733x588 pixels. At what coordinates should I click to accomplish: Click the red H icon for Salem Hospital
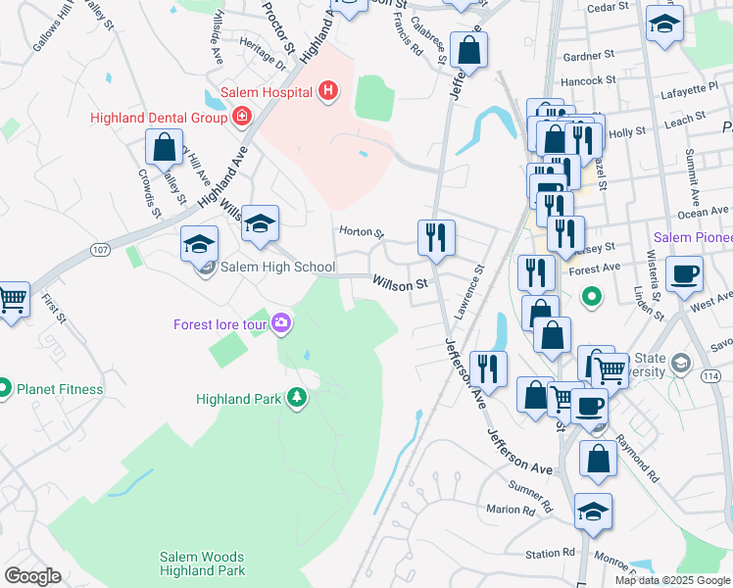click(x=328, y=92)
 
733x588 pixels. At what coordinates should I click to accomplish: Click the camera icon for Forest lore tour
click(x=283, y=322)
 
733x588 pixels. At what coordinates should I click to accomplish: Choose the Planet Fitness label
click(x=60, y=389)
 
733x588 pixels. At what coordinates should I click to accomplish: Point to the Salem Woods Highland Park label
click(x=202, y=563)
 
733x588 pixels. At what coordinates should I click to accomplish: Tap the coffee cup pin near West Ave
click(x=684, y=274)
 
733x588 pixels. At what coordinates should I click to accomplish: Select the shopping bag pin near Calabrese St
click(x=469, y=51)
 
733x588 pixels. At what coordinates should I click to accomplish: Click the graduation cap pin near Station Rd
click(x=592, y=513)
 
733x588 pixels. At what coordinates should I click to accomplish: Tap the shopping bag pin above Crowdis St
click(x=164, y=147)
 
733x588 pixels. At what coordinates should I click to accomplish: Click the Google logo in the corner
click(x=32, y=576)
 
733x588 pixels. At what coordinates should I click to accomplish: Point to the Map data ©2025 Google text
click(x=672, y=580)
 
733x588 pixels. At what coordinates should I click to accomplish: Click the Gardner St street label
click(x=588, y=56)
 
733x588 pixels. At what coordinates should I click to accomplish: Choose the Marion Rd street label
click(x=511, y=510)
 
